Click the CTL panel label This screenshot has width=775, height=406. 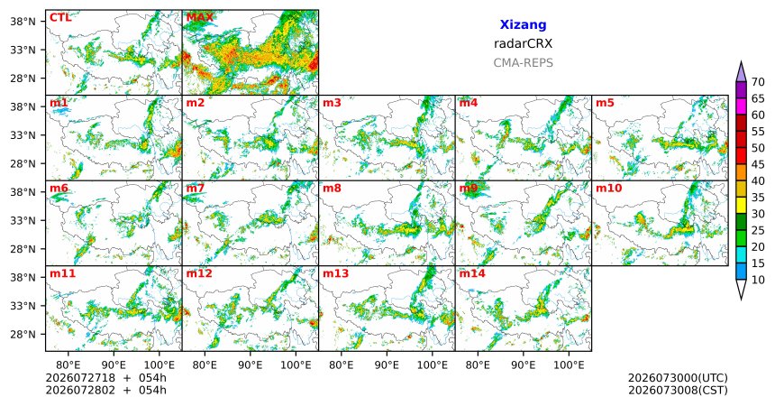click(60, 18)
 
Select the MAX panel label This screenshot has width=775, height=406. click(200, 18)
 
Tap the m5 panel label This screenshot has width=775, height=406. click(605, 103)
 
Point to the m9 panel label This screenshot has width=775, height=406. click(469, 189)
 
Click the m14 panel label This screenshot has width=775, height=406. click(472, 273)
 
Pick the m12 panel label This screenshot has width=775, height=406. click(198, 273)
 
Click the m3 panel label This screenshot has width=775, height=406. click(332, 103)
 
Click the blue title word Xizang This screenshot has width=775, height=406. click(523, 24)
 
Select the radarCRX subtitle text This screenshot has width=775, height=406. click(523, 43)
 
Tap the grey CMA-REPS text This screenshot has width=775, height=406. click(523, 63)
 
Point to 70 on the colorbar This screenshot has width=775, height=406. click(758, 82)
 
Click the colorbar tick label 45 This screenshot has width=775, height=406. click(758, 164)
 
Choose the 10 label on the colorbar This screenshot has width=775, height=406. click(758, 280)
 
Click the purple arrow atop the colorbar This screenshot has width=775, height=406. click(741, 72)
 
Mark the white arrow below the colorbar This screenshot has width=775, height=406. click(741, 290)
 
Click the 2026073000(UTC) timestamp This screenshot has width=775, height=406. click(678, 378)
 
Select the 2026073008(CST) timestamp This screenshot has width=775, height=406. click(678, 390)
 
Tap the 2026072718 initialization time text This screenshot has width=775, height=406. click(80, 378)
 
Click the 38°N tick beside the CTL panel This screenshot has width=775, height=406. click(23, 22)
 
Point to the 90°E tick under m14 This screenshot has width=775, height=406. click(523, 365)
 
